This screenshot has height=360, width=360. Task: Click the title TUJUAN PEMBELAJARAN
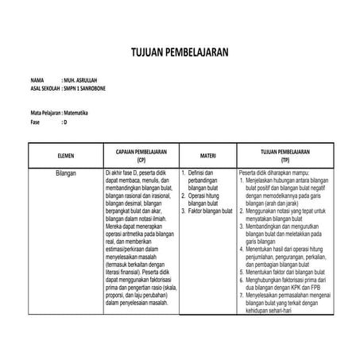180,52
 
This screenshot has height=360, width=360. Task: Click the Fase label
36,122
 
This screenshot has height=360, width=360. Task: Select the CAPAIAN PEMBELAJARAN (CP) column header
141,154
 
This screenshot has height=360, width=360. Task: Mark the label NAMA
38,81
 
